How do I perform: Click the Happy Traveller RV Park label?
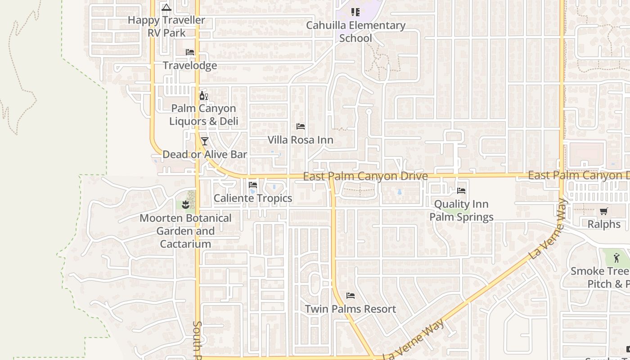(166, 26)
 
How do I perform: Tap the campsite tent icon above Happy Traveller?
(166, 7)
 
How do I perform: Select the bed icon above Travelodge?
(190, 52)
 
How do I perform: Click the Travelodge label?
(190, 66)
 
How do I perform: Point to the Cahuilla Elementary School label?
(355, 31)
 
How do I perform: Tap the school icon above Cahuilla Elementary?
(355, 12)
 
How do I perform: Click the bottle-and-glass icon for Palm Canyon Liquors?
(203, 95)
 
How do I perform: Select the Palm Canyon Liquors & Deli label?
(203, 115)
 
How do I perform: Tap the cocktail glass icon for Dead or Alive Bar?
(205, 141)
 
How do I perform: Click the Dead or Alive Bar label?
(205, 154)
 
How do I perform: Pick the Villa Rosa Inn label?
(301, 140)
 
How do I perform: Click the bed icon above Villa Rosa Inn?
(301, 126)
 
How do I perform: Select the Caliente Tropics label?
(253, 198)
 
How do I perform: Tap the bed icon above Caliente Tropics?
(253, 184)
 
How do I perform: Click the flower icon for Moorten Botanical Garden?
(185, 205)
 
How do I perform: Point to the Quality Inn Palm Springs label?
(461, 211)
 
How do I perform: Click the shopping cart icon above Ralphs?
(604, 211)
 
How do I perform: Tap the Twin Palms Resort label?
(351, 309)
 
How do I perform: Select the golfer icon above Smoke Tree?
(616, 258)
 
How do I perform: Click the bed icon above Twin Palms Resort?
(351, 296)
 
